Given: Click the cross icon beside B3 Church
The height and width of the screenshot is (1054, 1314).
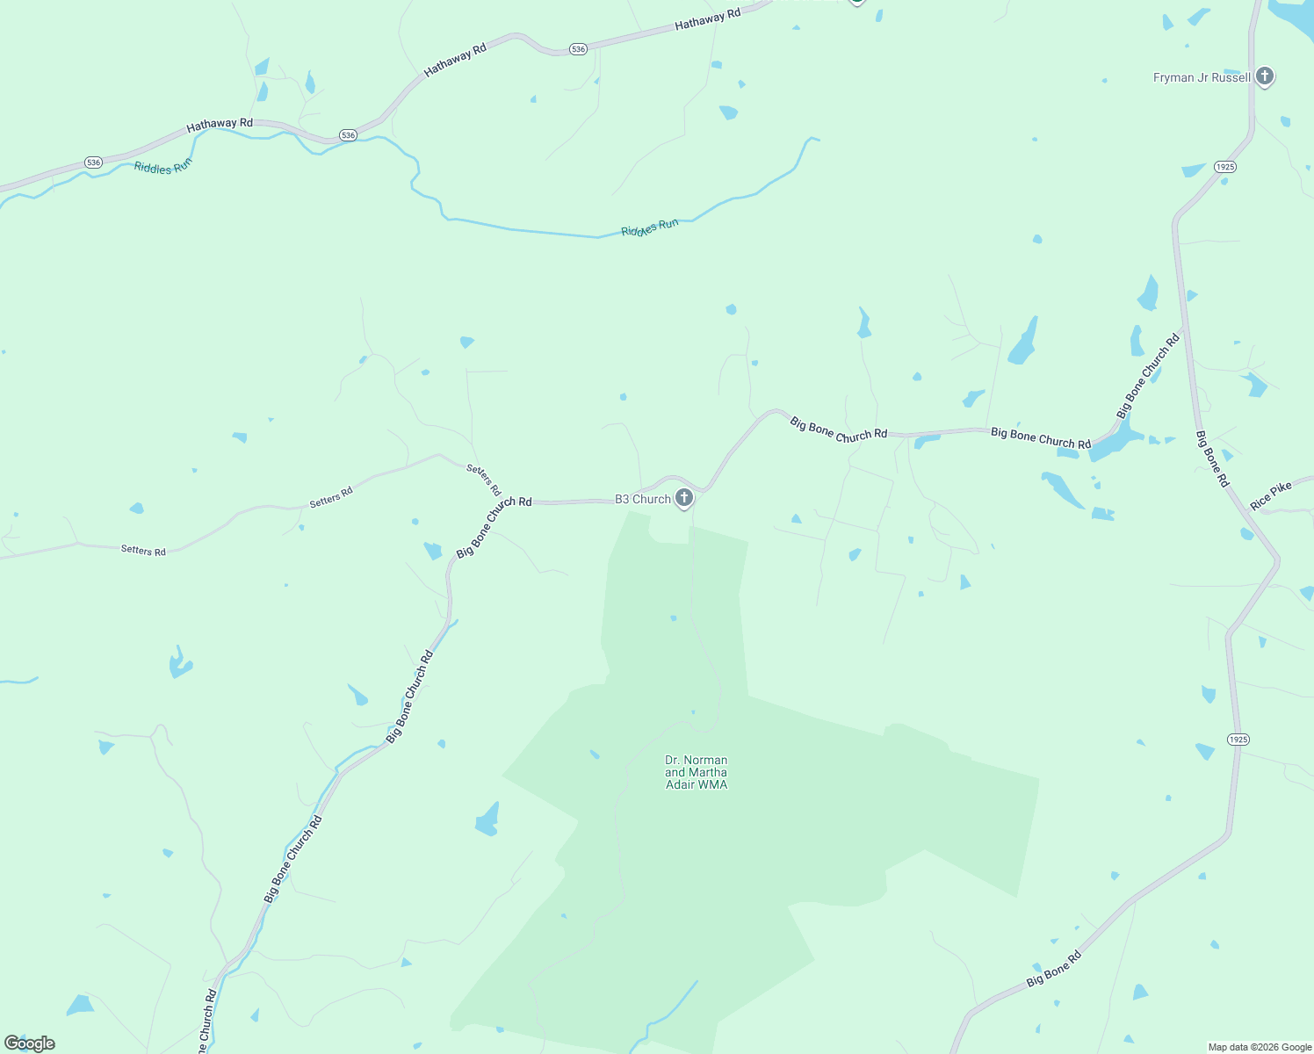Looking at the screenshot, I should [684, 499].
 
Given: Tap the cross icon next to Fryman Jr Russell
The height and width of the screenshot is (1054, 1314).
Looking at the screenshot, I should [1264, 76].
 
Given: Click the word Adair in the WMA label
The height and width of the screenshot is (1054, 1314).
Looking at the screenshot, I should [680, 784].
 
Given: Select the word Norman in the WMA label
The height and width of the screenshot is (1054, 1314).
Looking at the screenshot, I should [706, 760].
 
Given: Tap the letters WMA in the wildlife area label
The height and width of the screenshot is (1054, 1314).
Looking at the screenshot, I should [712, 784].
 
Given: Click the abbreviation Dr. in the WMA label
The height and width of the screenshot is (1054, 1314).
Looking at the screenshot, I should [673, 760].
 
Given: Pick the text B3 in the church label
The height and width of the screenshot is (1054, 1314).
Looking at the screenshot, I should [622, 499].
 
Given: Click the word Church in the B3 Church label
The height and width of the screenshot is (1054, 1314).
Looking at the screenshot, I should [652, 499].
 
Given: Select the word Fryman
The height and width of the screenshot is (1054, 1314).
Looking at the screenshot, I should [1173, 77].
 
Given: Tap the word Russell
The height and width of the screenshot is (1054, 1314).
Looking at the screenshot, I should [1231, 77].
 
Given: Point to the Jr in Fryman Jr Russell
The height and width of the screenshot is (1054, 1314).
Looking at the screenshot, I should [1202, 77].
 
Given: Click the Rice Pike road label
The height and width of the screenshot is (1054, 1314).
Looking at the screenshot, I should [1271, 495].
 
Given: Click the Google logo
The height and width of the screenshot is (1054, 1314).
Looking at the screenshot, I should [30, 1043].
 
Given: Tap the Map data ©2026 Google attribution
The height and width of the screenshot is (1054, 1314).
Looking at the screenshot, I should [1260, 1047].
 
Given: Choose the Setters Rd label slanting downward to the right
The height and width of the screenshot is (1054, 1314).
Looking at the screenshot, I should [483, 480].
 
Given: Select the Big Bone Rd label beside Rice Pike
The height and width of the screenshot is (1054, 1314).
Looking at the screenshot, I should [1212, 458].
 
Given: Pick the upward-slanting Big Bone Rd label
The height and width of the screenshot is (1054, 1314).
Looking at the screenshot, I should [1054, 969].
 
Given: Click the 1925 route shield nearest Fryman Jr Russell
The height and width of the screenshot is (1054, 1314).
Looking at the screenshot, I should [1225, 167].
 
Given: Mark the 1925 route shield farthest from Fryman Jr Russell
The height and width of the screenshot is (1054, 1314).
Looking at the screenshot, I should [1238, 740].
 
